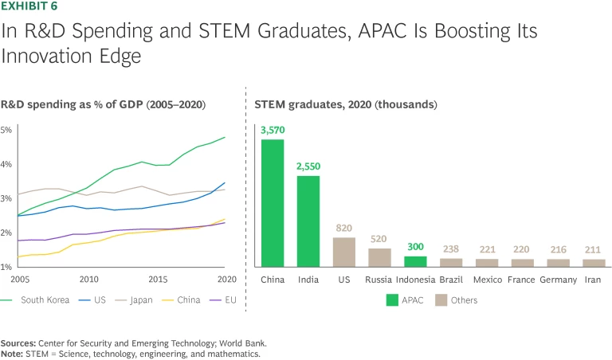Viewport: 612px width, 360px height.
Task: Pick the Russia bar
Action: pyautogui.click(x=379, y=257)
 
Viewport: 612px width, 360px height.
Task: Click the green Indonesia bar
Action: pyautogui.click(x=415, y=261)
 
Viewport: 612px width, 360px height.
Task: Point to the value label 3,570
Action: pyautogui.click(x=273, y=130)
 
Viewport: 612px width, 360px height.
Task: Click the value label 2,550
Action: pyautogui.click(x=308, y=166)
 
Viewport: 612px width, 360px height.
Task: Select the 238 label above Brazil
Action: pyautogui.click(x=451, y=249)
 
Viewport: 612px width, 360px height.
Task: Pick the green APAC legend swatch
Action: pyautogui.click(x=392, y=300)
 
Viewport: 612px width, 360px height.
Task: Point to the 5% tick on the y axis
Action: pyautogui.click(x=6, y=130)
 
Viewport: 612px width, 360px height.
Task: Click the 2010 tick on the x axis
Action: pyautogui.click(x=88, y=279)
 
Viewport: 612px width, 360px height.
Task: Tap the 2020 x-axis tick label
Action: pyautogui.click(x=227, y=279)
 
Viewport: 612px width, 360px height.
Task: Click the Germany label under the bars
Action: pyautogui.click(x=558, y=280)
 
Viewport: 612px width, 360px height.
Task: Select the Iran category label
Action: pyautogui.click(x=594, y=280)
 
